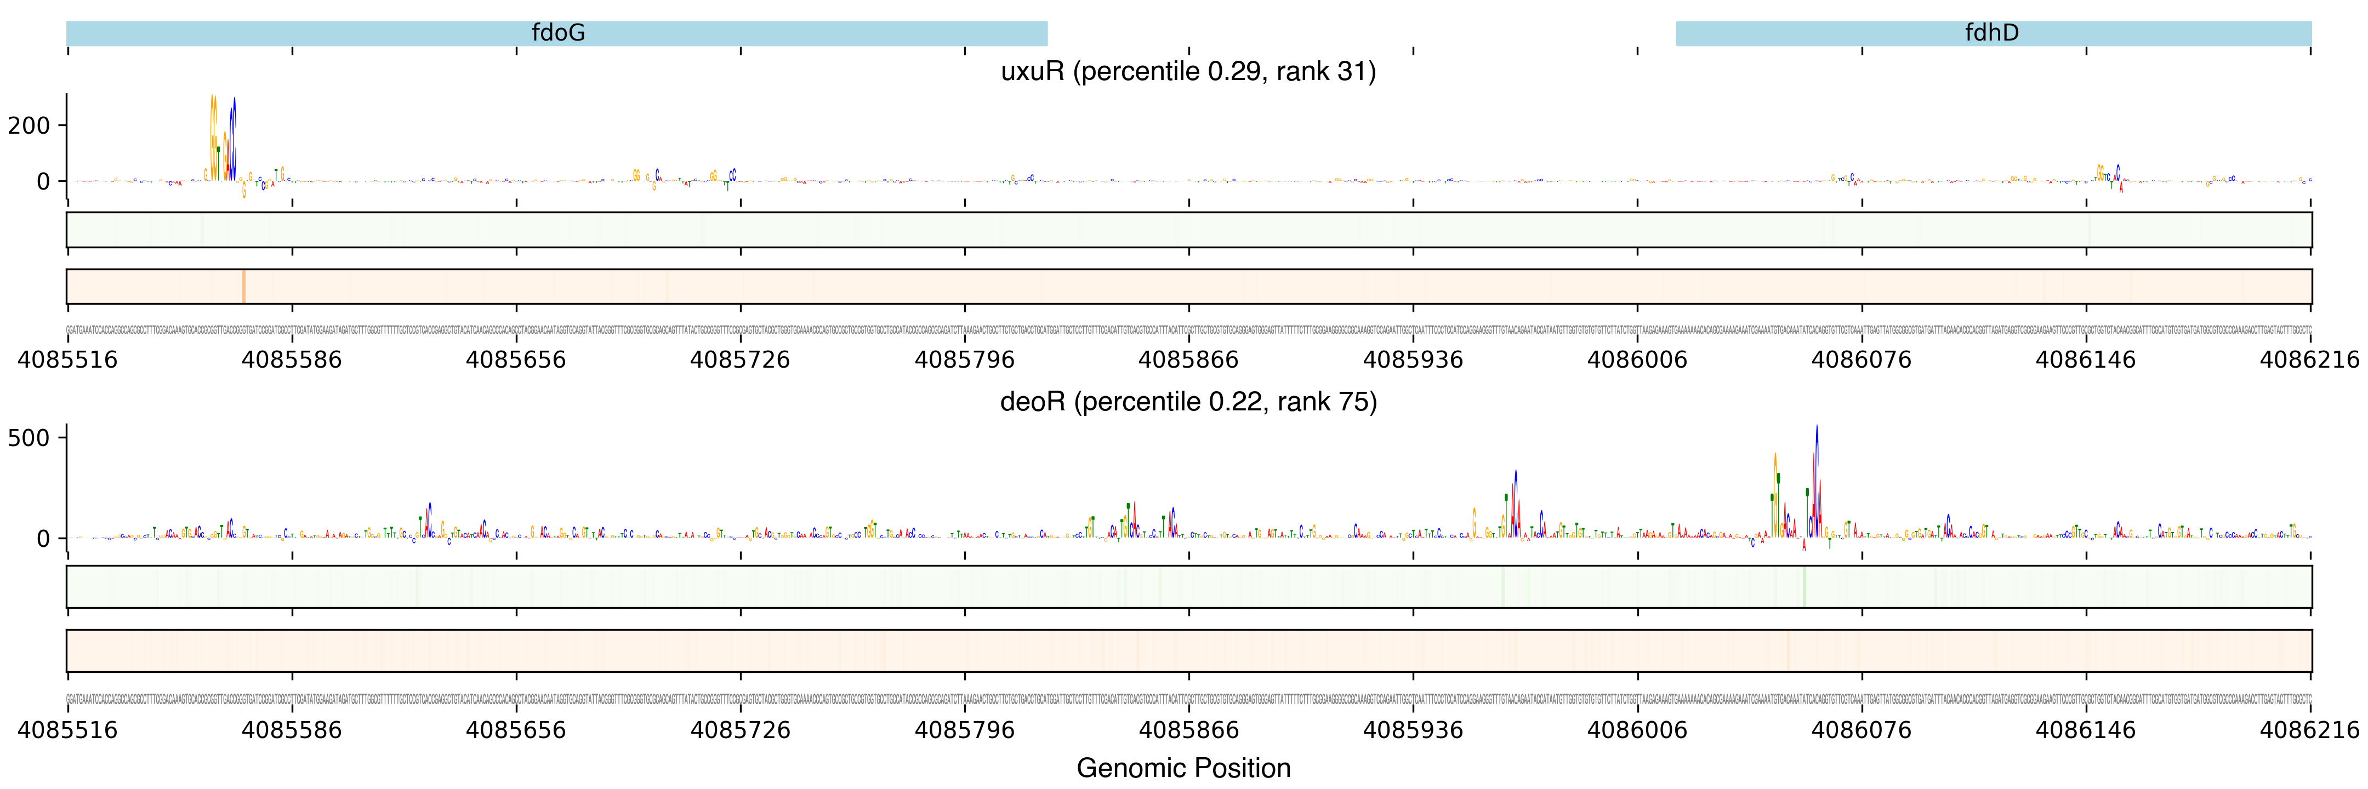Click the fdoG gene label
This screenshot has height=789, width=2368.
[x=558, y=33]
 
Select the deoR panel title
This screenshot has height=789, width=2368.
[x=1188, y=402]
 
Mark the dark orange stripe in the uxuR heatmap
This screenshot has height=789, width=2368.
[x=243, y=287]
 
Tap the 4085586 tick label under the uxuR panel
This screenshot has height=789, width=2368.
[x=292, y=359]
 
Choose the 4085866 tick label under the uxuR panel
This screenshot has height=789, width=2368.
[x=1188, y=359]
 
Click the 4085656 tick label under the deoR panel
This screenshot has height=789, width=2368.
[x=516, y=730]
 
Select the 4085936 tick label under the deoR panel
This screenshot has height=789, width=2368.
[x=1413, y=730]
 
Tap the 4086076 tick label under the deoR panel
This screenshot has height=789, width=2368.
[x=1862, y=730]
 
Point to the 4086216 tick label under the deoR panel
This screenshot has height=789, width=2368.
[x=2309, y=730]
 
